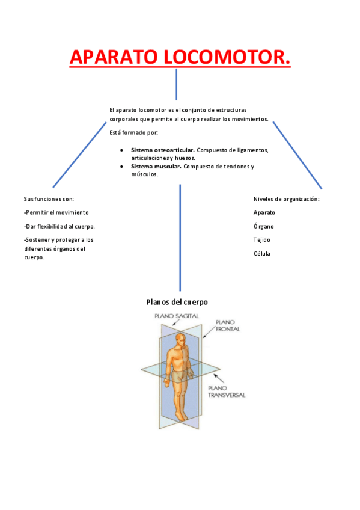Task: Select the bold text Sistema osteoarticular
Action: [163, 150]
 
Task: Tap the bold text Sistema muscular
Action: [156, 167]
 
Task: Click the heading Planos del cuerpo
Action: [177, 302]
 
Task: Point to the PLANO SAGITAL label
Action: [176, 316]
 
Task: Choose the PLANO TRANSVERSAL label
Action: [226, 392]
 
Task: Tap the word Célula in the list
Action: [262, 253]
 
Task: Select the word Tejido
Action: [262, 239]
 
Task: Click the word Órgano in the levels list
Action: [264, 226]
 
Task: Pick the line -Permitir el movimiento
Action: [56, 212]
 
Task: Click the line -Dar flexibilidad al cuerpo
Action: [59, 226]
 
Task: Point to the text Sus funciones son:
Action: [49, 198]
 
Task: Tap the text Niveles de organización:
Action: [286, 198]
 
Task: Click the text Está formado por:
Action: [133, 132]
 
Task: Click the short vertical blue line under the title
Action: [176, 84]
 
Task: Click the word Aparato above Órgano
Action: [264, 212]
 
